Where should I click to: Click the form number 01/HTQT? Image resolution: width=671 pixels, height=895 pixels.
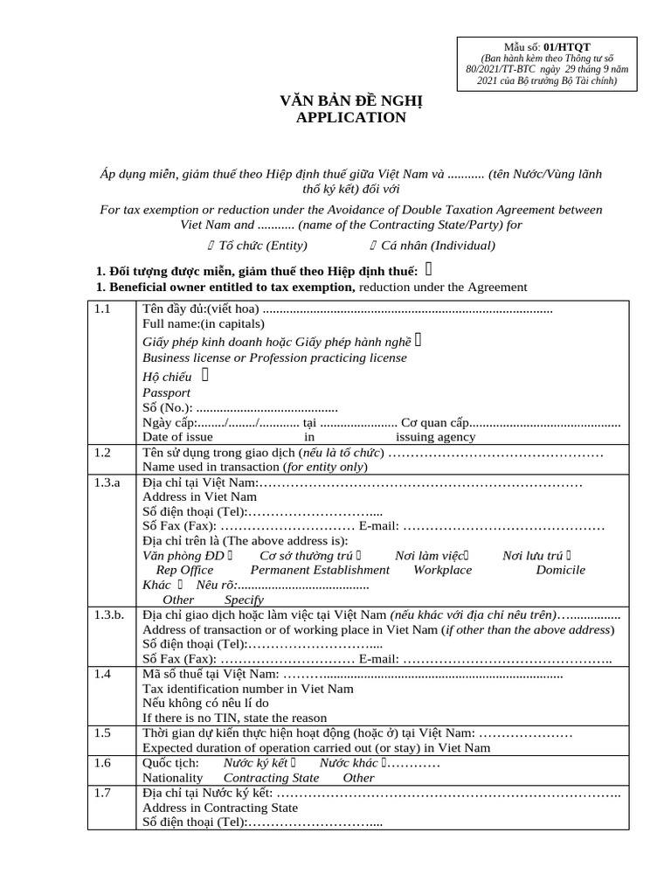tap(566, 45)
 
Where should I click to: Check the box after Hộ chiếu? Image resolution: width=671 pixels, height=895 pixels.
tap(205, 376)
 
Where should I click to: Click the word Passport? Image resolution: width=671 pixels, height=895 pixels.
tap(166, 392)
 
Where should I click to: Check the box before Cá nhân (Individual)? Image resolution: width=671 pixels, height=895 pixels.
tap(375, 246)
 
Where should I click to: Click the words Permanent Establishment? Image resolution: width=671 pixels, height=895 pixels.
tap(320, 570)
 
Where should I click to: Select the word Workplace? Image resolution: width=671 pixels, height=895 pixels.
tap(442, 570)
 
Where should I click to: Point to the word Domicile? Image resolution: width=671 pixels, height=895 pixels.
tap(560, 570)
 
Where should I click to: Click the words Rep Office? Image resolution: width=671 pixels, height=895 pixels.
tap(184, 570)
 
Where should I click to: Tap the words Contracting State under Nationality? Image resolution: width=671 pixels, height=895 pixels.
tap(271, 778)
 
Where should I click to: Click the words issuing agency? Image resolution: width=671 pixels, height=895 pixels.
tap(435, 437)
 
